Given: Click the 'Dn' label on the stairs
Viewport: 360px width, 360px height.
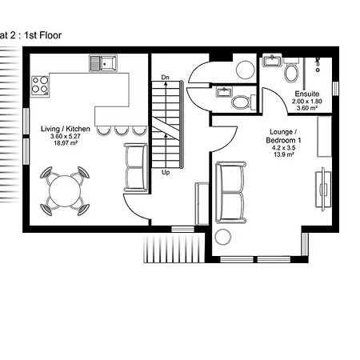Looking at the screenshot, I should pos(166,77).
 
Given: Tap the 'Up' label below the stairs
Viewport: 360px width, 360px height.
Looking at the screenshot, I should pos(166,171).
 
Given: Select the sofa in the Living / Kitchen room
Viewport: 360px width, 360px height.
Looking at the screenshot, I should pos(136,167).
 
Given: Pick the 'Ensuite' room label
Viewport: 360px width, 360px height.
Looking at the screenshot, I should pos(306,94).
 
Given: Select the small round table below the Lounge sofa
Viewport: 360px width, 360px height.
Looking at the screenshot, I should pos(222,236).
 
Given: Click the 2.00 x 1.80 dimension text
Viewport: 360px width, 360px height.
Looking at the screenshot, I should pos(306,102).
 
